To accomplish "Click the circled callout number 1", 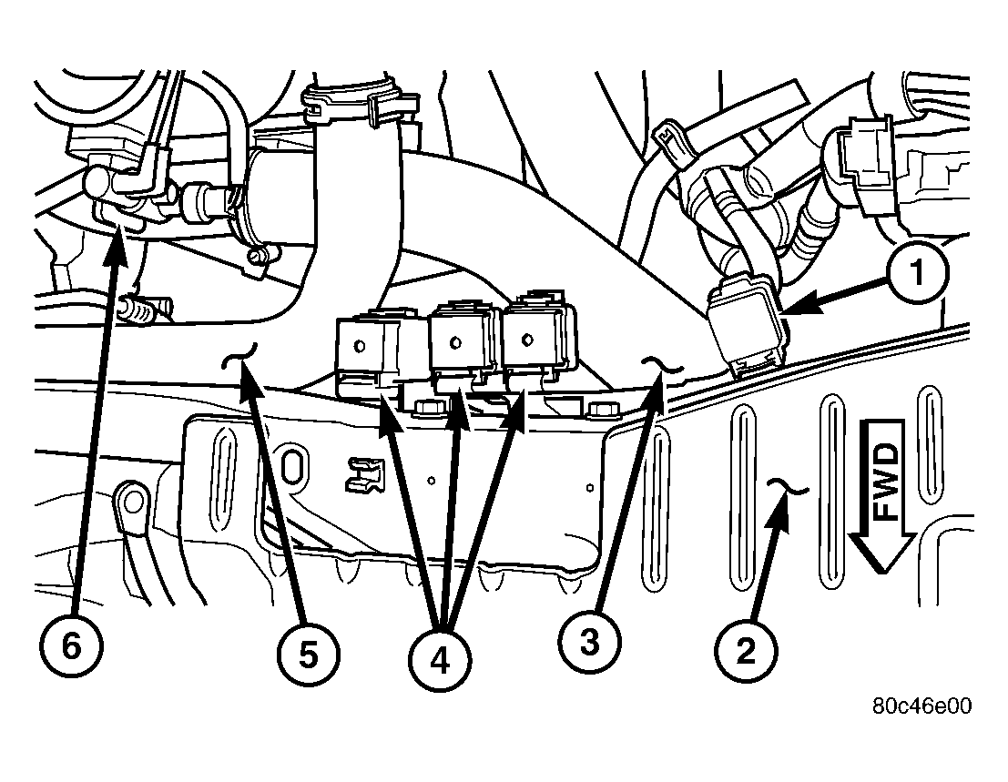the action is pyautogui.click(x=917, y=272).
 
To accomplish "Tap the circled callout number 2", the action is pyautogui.click(x=746, y=652).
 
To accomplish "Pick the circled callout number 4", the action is pyautogui.click(x=440, y=660).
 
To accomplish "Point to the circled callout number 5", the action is pyautogui.click(x=308, y=655).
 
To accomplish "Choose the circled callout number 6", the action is pyautogui.click(x=71, y=645).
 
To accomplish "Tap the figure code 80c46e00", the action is pyautogui.click(x=921, y=706).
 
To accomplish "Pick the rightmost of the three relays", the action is pyautogui.click(x=539, y=338).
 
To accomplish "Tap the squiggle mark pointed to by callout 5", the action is pyautogui.click(x=239, y=356).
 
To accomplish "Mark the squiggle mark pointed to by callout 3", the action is pyautogui.click(x=663, y=366).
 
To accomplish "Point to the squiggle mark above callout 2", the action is pyautogui.click(x=789, y=487).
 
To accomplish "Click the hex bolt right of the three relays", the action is pyautogui.click(x=603, y=409).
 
